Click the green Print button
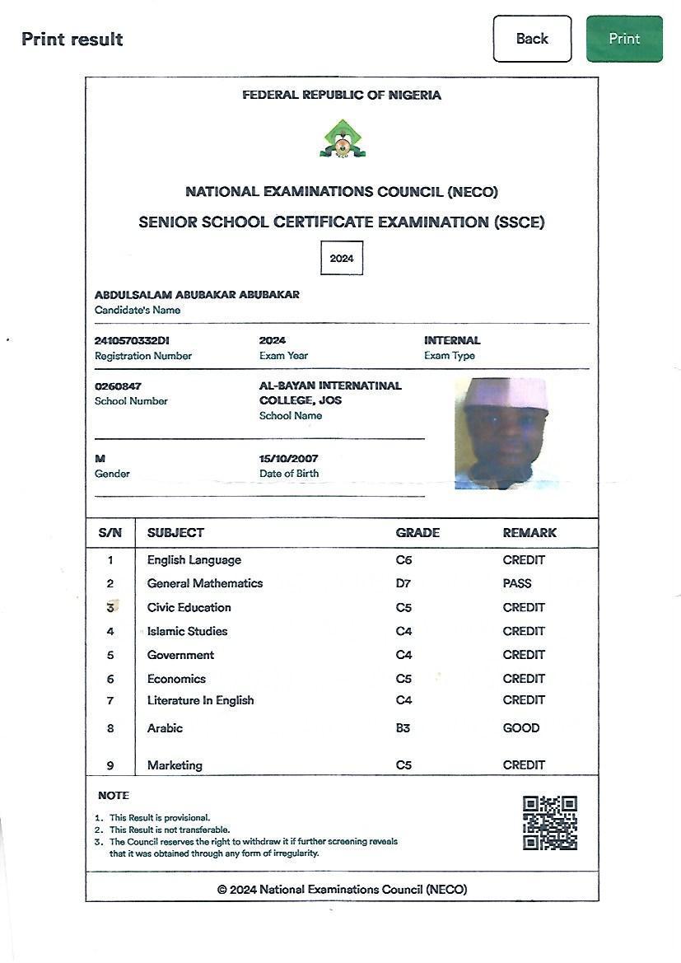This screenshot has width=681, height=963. [x=624, y=39]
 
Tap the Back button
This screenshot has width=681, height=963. [x=532, y=39]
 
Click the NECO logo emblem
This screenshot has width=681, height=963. [x=342, y=138]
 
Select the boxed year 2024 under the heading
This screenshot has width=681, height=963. [x=342, y=258]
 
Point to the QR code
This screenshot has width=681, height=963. [x=550, y=822]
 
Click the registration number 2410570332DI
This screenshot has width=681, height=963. [x=133, y=340]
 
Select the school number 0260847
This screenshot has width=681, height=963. [x=118, y=386]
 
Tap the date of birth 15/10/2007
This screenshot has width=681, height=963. [x=289, y=458]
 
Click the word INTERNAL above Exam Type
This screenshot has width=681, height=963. [x=452, y=340]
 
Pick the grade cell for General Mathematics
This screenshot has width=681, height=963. [x=403, y=583]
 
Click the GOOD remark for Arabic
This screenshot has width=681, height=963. [x=521, y=728]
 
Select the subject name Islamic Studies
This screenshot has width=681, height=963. [x=187, y=631]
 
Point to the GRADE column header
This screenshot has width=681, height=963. [x=417, y=533]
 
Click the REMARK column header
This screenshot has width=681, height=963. [x=529, y=533]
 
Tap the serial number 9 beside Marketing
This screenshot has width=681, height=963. [x=110, y=765]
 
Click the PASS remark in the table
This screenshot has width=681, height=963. [x=517, y=583]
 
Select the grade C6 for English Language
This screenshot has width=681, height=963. [x=403, y=560]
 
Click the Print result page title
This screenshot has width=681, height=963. [x=72, y=40]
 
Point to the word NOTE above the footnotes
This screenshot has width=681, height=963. [x=114, y=796]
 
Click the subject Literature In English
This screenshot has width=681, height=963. [x=200, y=700]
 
